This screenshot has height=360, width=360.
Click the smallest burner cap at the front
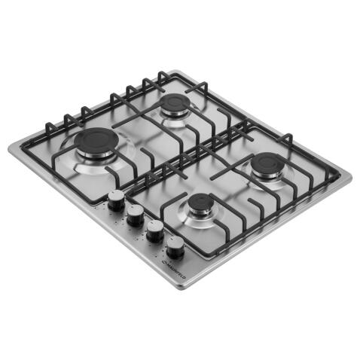(201, 203)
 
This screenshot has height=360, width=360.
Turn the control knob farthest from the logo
(117, 200)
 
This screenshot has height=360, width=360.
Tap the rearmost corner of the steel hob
(175, 71)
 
